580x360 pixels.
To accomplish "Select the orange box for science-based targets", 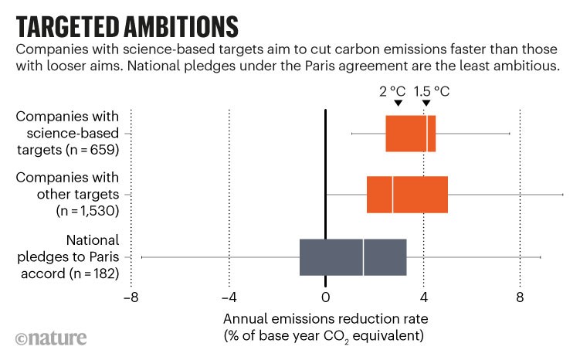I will point(410,133).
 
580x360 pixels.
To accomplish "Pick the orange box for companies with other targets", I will point(407,194).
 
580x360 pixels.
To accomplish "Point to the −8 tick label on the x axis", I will point(131,296).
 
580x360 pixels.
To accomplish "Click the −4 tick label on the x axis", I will point(228,296).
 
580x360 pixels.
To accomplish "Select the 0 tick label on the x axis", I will point(326,296).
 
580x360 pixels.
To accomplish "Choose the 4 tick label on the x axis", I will point(423,296).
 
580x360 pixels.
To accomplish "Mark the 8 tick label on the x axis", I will point(521,296).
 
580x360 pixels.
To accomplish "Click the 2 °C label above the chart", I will point(393,90).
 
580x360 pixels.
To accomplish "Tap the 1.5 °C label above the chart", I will point(432,90).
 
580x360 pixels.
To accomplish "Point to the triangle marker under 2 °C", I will point(397,104).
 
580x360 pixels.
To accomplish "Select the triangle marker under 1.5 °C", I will point(426,104).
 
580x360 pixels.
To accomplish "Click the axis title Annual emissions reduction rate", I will point(325,318).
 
